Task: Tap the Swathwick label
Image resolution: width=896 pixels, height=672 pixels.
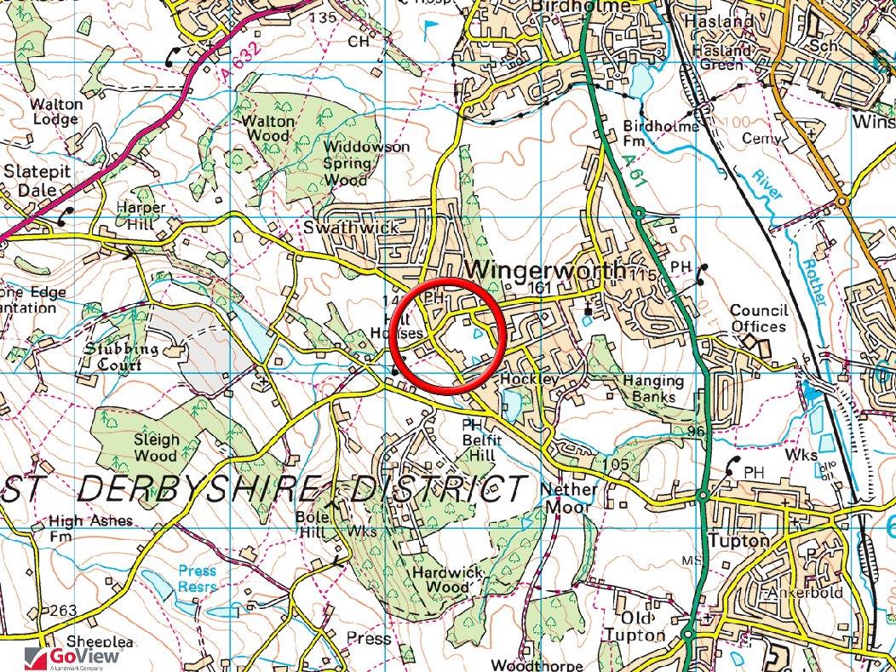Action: pos(339,228)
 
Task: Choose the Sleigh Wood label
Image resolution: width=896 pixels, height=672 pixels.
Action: pos(156,448)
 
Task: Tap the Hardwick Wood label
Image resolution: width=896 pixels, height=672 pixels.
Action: pos(440,579)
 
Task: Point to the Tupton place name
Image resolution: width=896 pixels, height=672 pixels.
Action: pos(738,541)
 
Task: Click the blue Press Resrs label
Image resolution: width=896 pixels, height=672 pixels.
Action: pos(197,578)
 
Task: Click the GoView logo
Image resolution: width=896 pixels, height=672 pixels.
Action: pos(73,657)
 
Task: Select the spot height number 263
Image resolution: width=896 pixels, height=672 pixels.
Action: pos(63,611)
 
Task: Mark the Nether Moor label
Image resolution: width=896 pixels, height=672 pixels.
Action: pos(569,499)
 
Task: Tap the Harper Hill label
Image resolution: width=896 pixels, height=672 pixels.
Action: pos(141,216)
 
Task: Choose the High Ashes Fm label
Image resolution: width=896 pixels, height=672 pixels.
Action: pos(90,529)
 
